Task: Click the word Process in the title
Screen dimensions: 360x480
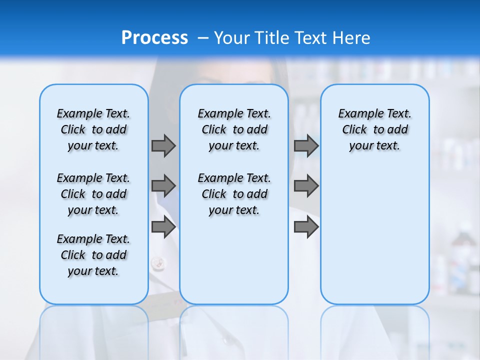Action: [x=154, y=38]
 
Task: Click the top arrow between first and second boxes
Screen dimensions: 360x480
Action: [x=163, y=145]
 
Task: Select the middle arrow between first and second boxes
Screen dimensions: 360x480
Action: [x=163, y=186]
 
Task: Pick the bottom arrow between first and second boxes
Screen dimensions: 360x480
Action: [x=163, y=227]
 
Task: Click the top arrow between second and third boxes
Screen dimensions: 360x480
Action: [x=306, y=145]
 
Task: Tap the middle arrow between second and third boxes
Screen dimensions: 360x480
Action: [x=306, y=186]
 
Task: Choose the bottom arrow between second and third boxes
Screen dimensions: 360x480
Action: [x=306, y=227]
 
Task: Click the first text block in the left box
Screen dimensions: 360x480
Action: [x=93, y=129]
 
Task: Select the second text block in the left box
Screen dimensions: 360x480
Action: [x=93, y=194]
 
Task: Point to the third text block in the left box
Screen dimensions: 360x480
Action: [x=93, y=255]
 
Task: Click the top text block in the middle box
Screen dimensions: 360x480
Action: [x=234, y=129]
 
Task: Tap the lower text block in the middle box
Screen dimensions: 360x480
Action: [x=234, y=194]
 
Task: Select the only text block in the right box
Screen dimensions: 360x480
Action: [x=374, y=129]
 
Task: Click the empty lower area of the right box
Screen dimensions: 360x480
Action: [x=374, y=235]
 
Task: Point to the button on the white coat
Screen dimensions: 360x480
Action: [x=157, y=261]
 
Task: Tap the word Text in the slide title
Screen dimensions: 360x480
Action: [x=307, y=38]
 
